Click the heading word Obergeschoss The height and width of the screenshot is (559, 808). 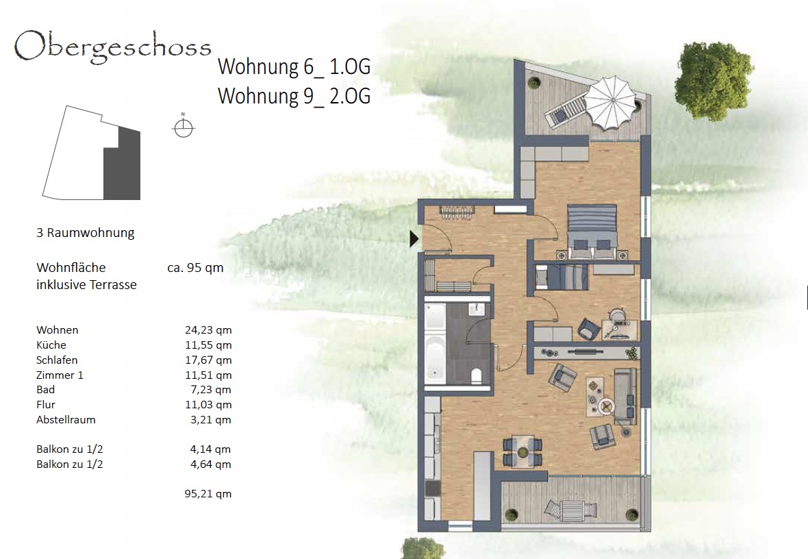113,47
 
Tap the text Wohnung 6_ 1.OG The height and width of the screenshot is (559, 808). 294,66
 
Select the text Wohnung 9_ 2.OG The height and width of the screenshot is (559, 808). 294,96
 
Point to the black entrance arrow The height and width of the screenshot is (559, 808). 414,239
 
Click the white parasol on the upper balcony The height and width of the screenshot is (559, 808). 611,103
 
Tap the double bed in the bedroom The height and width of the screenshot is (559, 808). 592,232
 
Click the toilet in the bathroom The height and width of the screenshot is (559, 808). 476,376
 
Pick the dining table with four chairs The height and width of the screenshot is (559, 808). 522,451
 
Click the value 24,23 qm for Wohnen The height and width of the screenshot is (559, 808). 208,330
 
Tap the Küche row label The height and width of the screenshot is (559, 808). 51,345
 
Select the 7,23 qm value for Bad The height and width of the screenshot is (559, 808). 211,390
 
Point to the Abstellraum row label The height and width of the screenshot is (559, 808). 66,420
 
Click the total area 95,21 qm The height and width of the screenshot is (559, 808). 208,493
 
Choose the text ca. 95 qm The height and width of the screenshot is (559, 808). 195,268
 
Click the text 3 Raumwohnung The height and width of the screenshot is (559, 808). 86,232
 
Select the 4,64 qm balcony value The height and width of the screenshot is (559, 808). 211,464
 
